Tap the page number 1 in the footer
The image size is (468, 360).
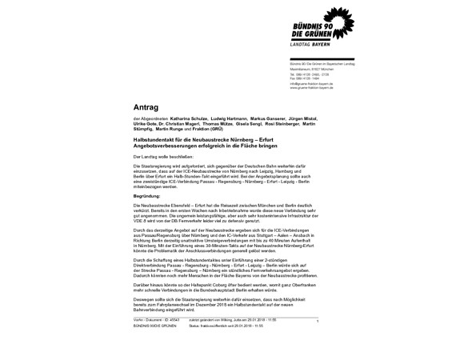[318, 321]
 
